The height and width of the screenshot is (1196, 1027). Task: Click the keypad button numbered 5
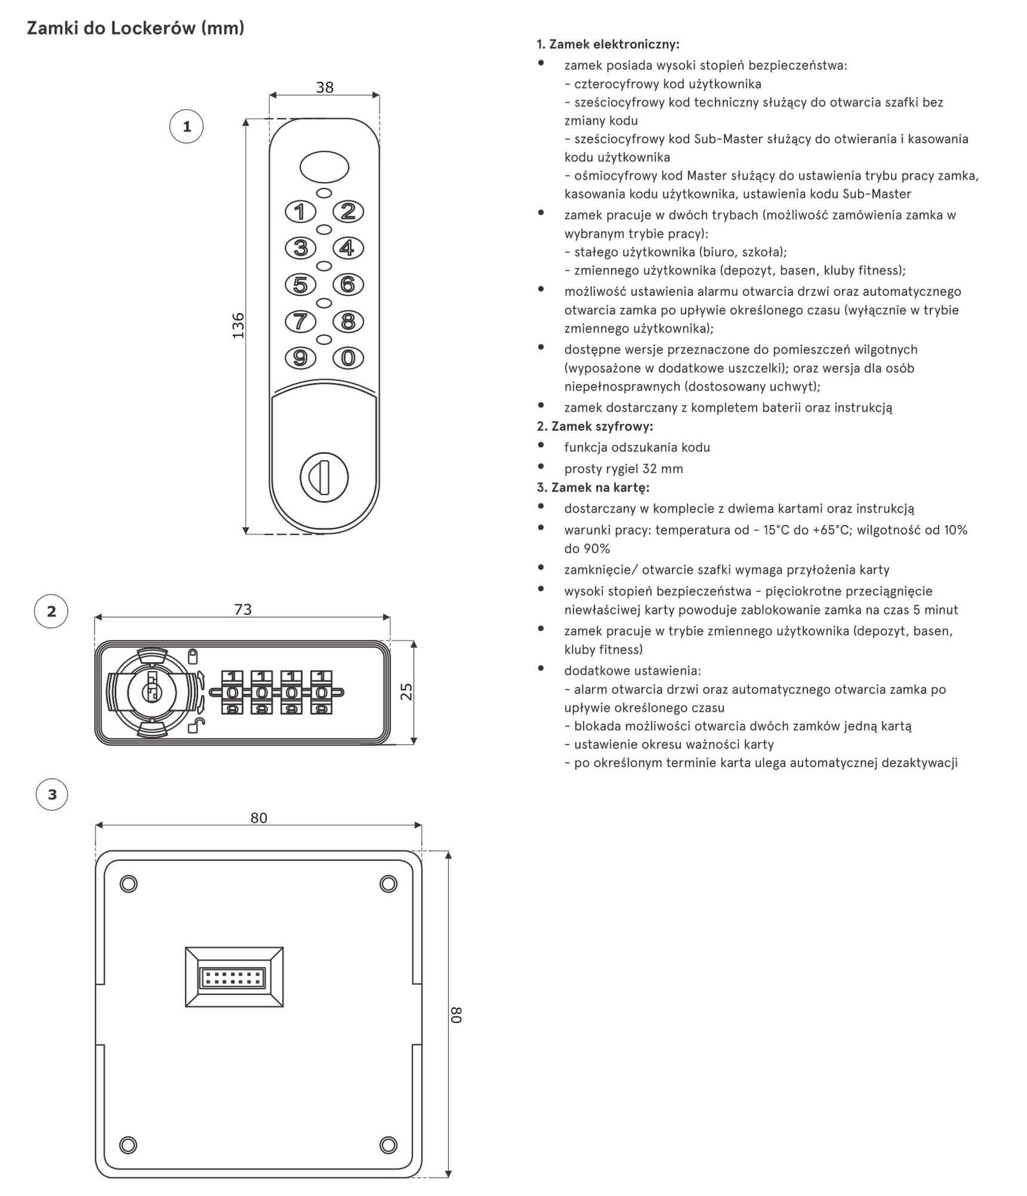pos(300,285)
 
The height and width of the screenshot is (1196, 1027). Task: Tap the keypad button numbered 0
pos(348,358)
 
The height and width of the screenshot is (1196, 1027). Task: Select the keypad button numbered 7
pos(300,322)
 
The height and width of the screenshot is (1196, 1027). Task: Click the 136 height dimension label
pos(238,325)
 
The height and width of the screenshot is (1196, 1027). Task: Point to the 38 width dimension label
pos(325,87)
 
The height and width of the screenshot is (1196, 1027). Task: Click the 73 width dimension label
pos(243,609)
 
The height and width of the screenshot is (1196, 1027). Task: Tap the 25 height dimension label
pos(406,692)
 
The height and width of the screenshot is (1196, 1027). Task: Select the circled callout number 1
pos(187,127)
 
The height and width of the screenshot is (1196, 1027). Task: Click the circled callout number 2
pos(51,611)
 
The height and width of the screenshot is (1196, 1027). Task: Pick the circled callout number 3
pos(52,794)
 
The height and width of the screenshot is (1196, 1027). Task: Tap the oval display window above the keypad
pos(324,167)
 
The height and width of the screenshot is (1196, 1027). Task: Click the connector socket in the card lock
pos(234,977)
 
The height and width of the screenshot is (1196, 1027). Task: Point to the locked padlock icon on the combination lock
pos(193,657)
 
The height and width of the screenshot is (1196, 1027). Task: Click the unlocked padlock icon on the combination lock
pos(196,726)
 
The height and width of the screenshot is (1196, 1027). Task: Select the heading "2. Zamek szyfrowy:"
pos(595,426)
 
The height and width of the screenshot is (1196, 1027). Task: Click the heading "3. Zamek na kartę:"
pos(593,487)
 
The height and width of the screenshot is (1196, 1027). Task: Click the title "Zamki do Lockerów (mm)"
pos(136,28)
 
